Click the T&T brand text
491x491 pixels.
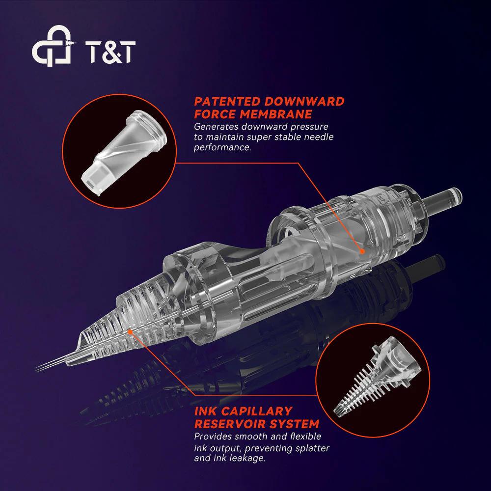(110, 52)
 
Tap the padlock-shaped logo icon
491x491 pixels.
(53, 46)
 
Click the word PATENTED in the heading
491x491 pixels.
(227, 102)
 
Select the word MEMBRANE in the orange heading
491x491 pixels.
(275, 114)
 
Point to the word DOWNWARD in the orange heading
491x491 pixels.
(304, 102)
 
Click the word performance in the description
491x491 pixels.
(222, 147)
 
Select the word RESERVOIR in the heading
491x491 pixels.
(230, 424)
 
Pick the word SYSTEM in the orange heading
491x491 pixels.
(294, 424)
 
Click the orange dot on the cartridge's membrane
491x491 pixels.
(362, 251)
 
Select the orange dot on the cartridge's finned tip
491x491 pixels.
(130, 331)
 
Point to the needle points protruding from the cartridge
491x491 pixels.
(50, 365)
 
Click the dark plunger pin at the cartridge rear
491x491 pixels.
(441, 202)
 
